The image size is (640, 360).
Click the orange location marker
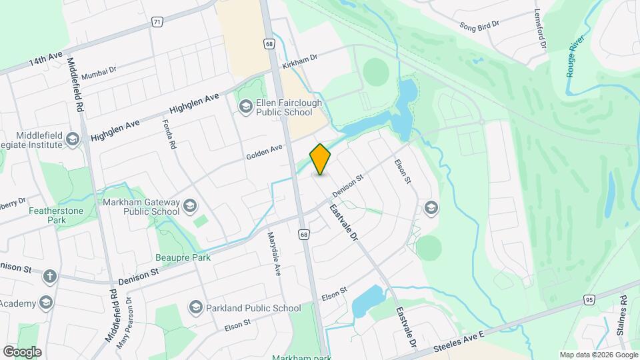tap(321, 159)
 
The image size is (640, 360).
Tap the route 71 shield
tap(157, 22)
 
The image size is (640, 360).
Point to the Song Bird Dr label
tap(479, 25)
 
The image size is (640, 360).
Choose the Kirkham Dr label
tap(299, 63)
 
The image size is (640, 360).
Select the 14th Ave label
tap(45, 60)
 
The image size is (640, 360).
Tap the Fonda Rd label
tap(169, 134)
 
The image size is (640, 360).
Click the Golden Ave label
tap(264, 153)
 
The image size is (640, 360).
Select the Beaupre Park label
tap(183, 257)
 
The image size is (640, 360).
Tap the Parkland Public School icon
tap(195, 307)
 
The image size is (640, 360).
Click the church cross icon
tap(49, 276)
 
